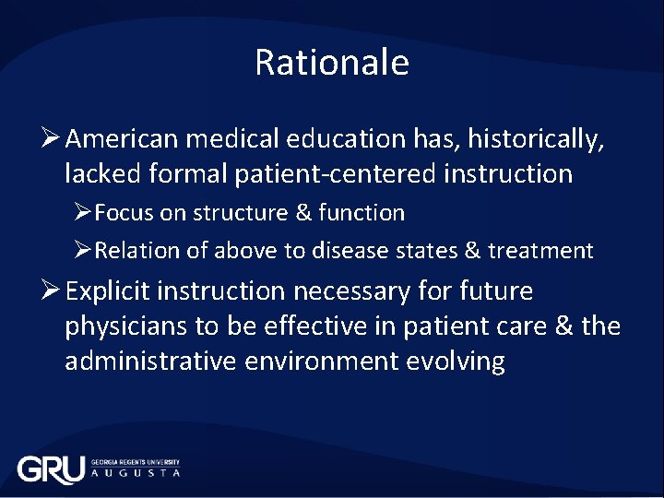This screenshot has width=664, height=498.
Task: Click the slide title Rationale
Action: coord(331,63)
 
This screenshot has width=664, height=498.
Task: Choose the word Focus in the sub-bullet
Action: coord(125,213)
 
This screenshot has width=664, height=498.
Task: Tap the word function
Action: coord(362,213)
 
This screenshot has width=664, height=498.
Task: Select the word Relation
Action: coord(135,251)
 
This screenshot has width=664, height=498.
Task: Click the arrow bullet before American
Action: coord(51,139)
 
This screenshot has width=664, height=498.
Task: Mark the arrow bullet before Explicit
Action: coord(51,291)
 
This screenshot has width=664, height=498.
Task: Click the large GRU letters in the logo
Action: coord(51,469)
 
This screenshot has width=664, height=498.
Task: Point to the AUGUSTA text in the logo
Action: coord(135,473)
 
